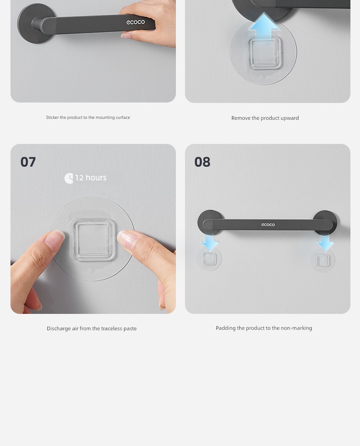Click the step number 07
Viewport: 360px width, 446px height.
[28, 162]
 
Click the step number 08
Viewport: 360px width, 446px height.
[202, 162]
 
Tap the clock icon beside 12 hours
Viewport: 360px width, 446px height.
[69, 178]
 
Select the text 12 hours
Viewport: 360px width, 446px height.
[91, 178]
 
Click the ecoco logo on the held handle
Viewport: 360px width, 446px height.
[136, 22]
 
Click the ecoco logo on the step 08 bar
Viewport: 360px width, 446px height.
[268, 225]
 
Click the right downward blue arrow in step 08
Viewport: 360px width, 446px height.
[325, 243]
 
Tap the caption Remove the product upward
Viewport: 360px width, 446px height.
[265, 118]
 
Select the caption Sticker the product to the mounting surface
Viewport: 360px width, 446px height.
[88, 118]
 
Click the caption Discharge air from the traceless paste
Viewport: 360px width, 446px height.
[92, 328]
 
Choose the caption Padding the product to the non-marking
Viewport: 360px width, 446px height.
[264, 328]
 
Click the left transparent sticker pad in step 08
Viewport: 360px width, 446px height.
[209, 258]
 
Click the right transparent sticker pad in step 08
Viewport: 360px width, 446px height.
[323, 260]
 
